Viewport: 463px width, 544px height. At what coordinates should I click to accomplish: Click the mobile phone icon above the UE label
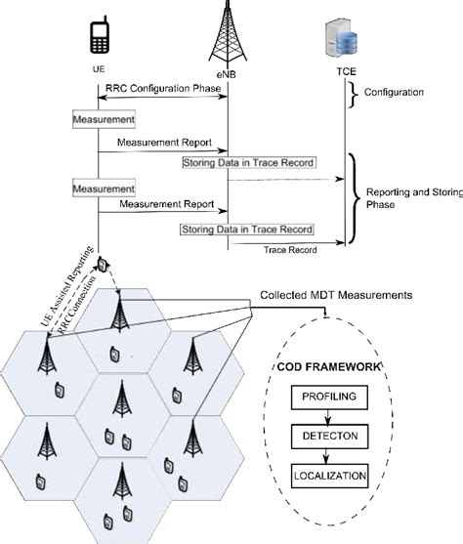click(99, 37)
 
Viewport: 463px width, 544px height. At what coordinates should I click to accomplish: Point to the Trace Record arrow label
click(290, 250)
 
